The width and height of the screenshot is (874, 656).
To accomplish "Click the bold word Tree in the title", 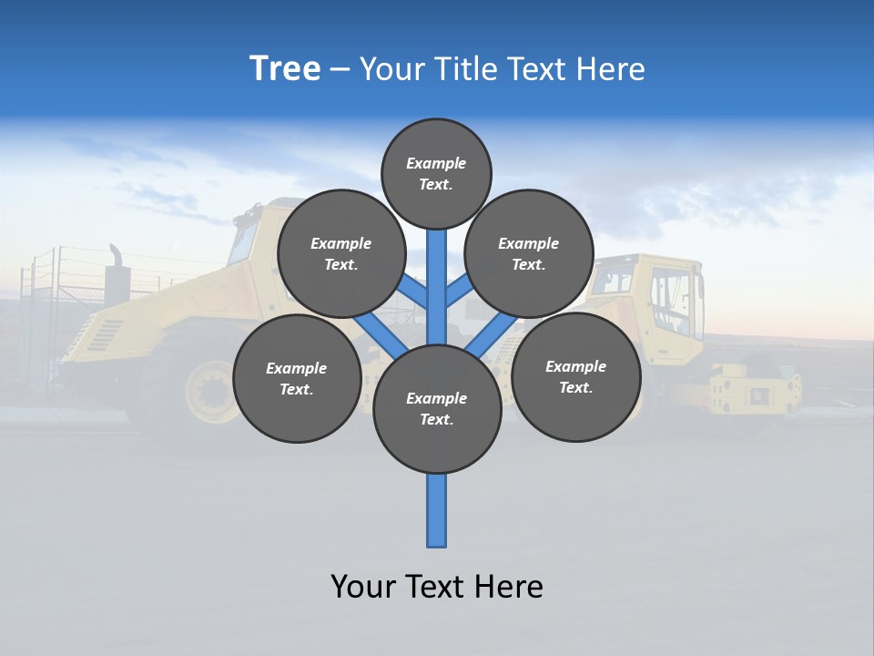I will tap(285, 68).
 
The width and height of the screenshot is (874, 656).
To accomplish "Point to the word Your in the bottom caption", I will tap(364, 586).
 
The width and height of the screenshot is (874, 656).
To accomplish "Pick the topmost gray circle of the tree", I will tap(436, 173).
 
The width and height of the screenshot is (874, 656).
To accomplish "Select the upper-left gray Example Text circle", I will tap(340, 253).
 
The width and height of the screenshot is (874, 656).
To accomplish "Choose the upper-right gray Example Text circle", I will tap(528, 253).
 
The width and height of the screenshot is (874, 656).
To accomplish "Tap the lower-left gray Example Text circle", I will tap(296, 378).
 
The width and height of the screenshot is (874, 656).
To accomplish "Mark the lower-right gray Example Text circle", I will tap(575, 376).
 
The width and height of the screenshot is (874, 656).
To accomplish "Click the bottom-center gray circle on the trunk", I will tap(437, 409).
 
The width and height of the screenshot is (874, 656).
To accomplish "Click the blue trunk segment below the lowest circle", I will tap(437, 510).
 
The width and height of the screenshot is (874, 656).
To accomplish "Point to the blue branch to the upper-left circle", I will tap(415, 293).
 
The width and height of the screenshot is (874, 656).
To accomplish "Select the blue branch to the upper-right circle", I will tap(458, 292).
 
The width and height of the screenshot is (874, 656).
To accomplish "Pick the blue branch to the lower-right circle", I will tap(493, 335).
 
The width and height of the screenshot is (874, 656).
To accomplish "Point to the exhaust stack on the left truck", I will tap(117, 278).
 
